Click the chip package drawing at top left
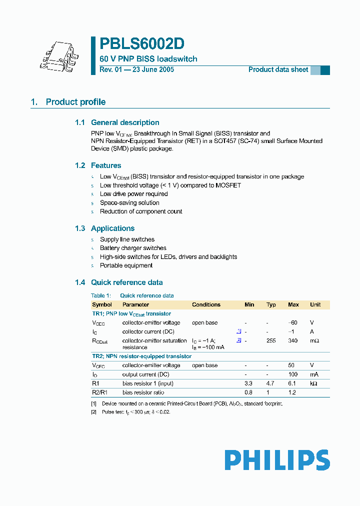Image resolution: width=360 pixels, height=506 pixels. [58, 54]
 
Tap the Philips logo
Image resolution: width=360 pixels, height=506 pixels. [277, 460]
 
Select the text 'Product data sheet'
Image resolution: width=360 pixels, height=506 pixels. [278, 70]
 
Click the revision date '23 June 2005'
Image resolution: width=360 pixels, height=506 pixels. [153, 70]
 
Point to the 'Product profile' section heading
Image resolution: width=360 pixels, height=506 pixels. [75, 102]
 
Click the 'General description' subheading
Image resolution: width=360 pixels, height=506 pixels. [125, 122]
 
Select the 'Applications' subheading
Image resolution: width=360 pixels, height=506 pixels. [112, 228]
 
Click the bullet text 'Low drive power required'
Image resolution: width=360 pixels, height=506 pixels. [134, 194]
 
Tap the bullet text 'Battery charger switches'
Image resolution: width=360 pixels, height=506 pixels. [133, 248]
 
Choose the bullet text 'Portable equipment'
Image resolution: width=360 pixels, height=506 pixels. [126, 265]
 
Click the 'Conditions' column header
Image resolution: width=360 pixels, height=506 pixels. [206, 304]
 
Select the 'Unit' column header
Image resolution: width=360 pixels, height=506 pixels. [315, 304]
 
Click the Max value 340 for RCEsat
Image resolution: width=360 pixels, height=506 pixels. [293, 340]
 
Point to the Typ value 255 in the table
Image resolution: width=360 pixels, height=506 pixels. [271, 340]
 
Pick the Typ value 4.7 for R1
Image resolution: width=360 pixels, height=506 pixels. [271, 383]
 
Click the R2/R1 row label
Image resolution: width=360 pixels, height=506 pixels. [99, 392]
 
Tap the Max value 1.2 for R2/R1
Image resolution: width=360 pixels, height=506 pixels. [293, 392]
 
